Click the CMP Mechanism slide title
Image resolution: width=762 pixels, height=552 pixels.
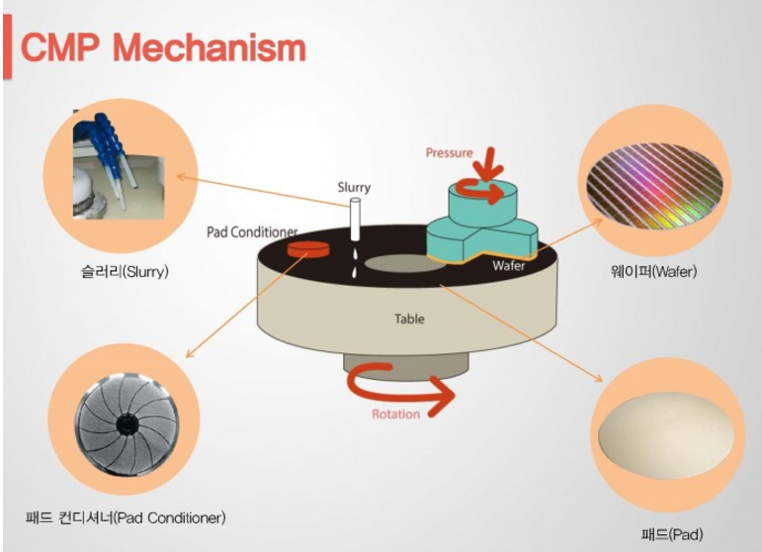point(164,46)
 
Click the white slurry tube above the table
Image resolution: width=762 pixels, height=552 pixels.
point(354,223)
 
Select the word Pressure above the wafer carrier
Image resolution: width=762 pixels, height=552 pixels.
point(450,153)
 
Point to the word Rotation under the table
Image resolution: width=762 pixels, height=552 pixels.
point(396,414)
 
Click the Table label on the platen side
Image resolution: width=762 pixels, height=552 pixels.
point(409,320)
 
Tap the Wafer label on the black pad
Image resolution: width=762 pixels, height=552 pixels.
point(509,265)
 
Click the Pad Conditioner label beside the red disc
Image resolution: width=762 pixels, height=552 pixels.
point(252,232)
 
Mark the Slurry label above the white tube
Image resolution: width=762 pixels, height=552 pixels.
point(353,187)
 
